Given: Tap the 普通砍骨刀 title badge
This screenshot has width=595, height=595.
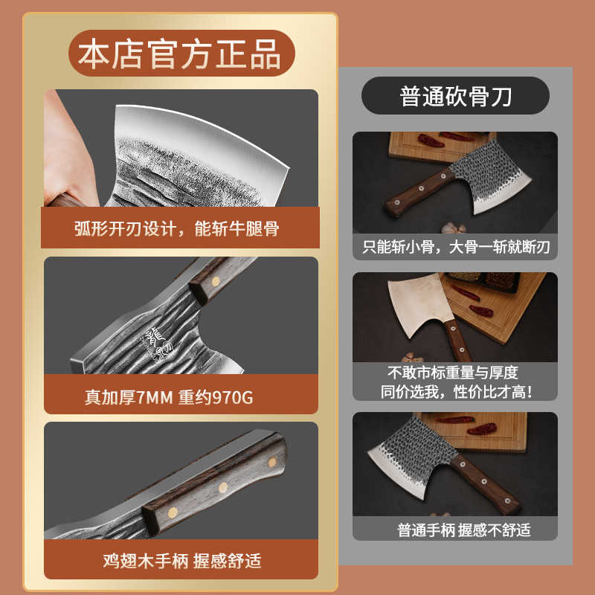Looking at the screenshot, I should [x=455, y=96].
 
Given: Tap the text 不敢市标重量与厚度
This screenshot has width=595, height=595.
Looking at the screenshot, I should [x=455, y=373].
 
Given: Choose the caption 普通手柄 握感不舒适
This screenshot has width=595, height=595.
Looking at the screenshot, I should [x=455, y=530].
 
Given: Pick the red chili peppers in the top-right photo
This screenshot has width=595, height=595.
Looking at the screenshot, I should [x=435, y=139].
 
